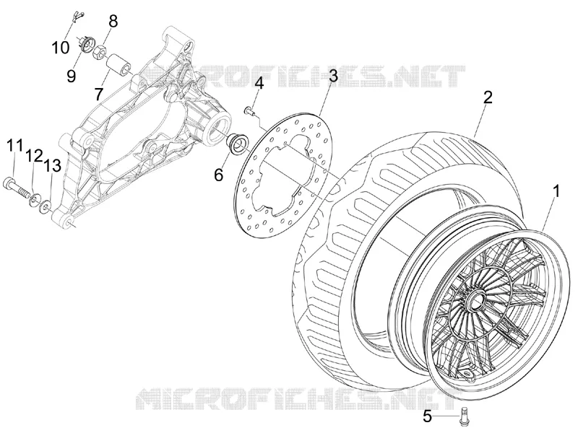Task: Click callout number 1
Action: pyautogui.click(x=556, y=191)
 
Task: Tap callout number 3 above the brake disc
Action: pyautogui.click(x=333, y=76)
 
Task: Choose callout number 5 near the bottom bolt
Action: pyautogui.click(x=427, y=417)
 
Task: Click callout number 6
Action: pyautogui.click(x=219, y=175)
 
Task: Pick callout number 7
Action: pyautogui.click(x=98, y=95)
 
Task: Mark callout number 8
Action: pyautogui.click(x=113, y=22)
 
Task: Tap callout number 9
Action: pyautogui.click(x=71, y=76)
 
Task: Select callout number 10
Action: pyautogui.click(x=60, y=48)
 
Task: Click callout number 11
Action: pyautogui.click(x=14, y=146)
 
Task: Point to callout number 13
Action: pyautogui.click(x=52, y=166)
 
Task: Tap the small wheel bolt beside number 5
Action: pyautogui.click(x=463, y=414)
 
